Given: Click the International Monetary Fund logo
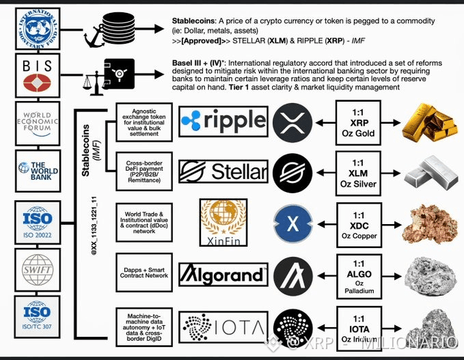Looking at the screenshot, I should tap(42, 28).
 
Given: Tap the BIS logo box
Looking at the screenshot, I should tap(42, 77).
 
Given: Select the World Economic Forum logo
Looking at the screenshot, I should tap(42, 124).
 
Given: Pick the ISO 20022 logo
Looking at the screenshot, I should tap(42, 222).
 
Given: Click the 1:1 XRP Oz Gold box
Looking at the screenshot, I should tap(357, 122).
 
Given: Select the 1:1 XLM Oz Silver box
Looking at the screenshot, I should tap(357, 172).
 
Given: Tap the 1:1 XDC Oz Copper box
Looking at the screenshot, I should tap(357, 224).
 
